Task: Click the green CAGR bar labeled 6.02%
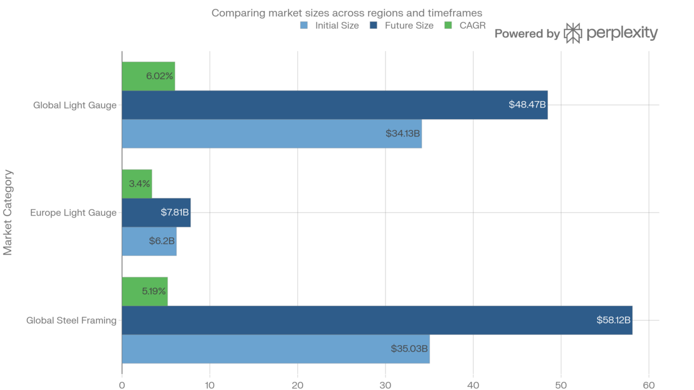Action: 148,76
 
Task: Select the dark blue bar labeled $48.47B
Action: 335,105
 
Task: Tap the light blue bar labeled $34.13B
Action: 272,134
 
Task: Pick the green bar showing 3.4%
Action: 137,184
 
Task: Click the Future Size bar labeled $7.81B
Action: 156,212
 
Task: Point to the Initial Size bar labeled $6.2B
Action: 149,241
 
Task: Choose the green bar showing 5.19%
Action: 145,291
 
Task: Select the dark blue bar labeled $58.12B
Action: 377,320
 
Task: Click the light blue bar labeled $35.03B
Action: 275,349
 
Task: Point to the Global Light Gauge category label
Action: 74,105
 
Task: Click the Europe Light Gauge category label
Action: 73,213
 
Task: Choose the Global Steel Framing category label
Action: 71,321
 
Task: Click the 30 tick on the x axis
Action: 385,385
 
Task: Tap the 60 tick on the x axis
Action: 649,385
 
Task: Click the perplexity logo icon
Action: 573,34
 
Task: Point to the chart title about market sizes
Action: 346,12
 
